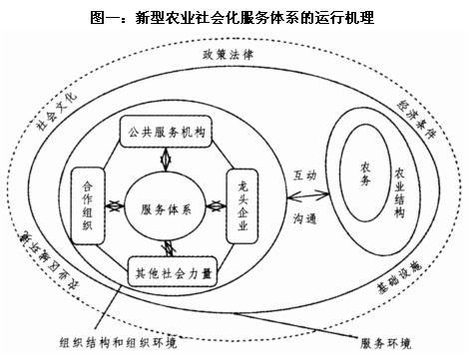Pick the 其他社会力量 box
tap(169, 268)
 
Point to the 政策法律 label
tap(229, 52)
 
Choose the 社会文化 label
tap(56, 110)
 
